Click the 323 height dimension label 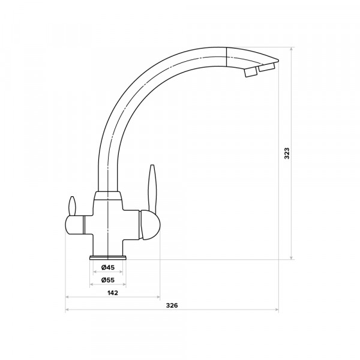[287, 154]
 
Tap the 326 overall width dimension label [172, 305]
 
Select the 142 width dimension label [113, 293]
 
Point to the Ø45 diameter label [107, 267]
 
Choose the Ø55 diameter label [107, 280]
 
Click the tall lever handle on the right [152, 188]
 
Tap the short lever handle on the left [73, 206]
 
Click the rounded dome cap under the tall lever [149, 225]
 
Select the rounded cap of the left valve [74, 225]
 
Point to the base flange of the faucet [107, 257]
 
